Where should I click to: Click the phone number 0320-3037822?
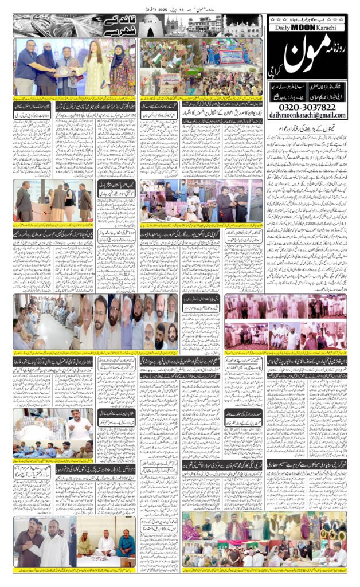[306, 107]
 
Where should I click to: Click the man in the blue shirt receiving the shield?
[26, 68]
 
